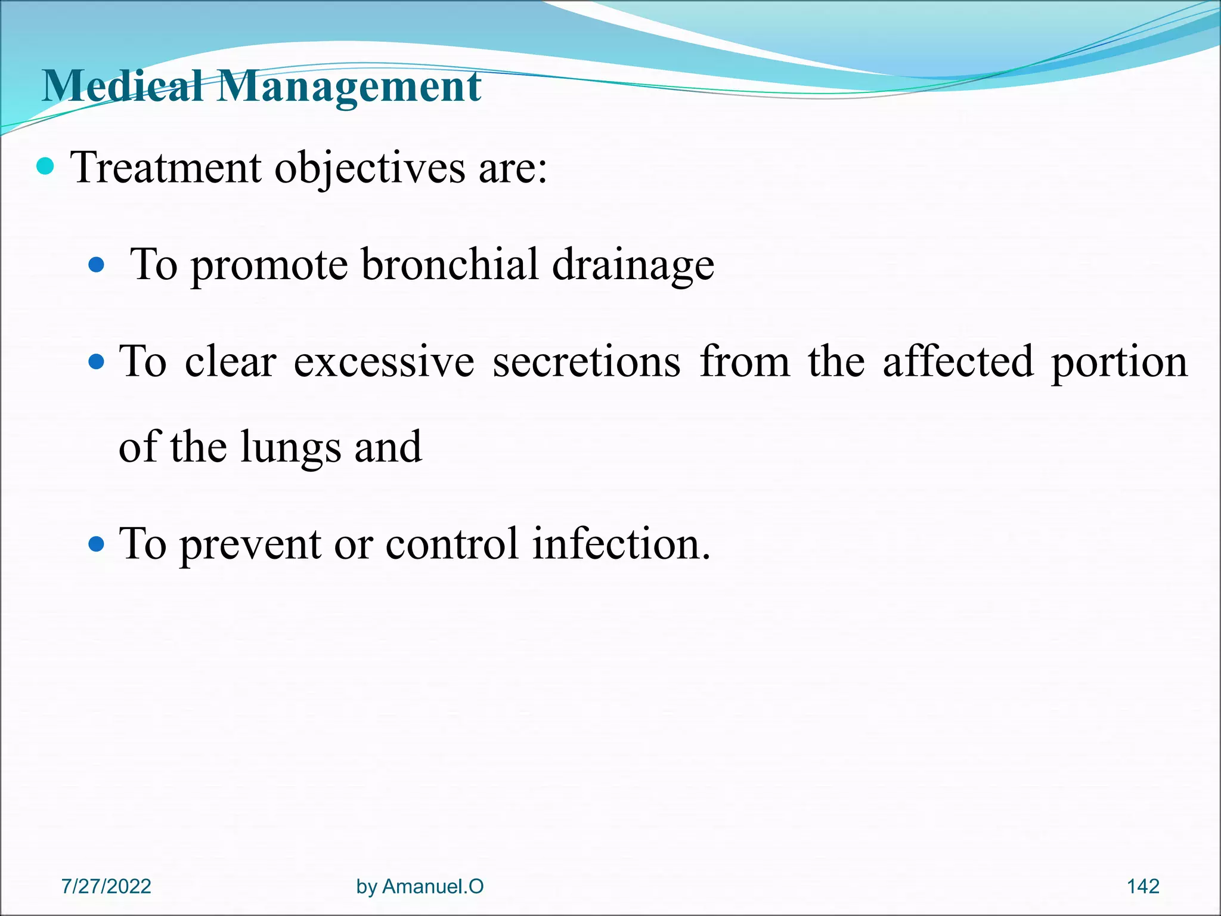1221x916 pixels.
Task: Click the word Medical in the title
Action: [123, 86]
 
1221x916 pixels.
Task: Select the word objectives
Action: [369, 168]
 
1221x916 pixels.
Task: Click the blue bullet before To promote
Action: [96, 264]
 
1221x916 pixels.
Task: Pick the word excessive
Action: [384, 361]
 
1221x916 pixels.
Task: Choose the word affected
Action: [957, 361]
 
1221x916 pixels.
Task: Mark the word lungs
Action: [290, 448]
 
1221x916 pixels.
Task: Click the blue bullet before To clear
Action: [96, 361]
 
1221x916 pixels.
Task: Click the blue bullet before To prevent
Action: [96, 543]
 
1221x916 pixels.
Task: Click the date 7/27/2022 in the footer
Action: [106, 886]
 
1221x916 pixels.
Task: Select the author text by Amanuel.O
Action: [420, 886]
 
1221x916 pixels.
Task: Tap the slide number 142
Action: [1143, 886]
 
